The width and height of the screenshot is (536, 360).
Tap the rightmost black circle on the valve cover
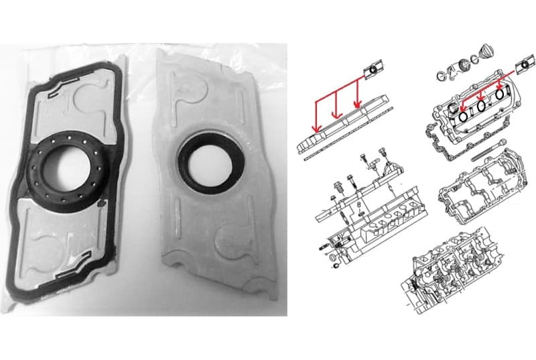click(500, 95)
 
